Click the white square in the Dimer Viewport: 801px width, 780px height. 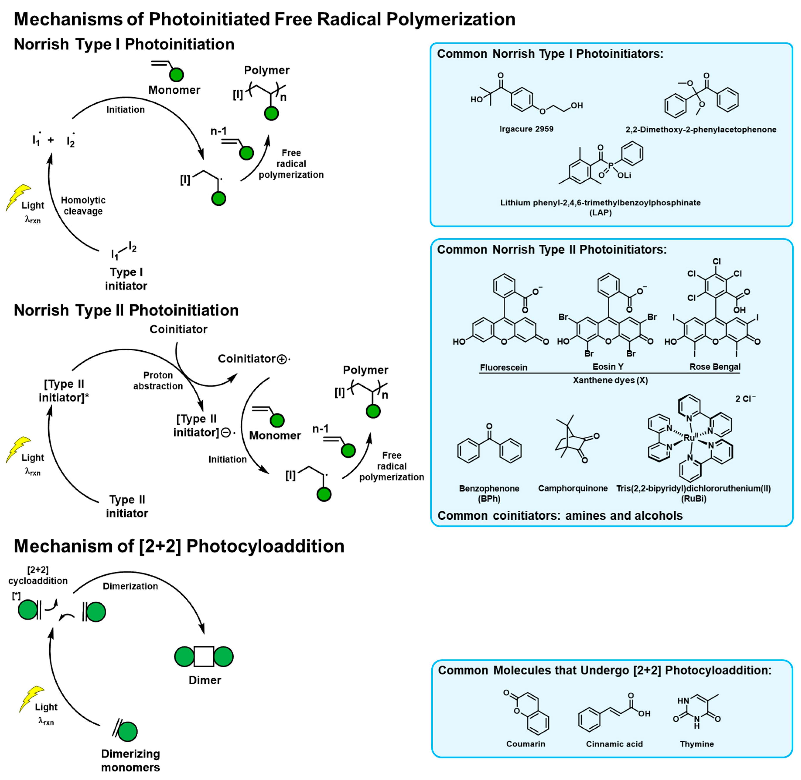204,657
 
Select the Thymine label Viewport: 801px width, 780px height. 697,744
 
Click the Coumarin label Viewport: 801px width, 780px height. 525,744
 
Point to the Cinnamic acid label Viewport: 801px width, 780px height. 614,744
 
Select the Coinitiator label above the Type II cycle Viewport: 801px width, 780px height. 178,329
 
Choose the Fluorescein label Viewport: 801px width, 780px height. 503,368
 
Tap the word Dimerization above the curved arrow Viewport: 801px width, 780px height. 130,586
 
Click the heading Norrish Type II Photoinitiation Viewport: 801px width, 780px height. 126,310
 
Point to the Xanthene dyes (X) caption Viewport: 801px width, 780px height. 610,380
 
